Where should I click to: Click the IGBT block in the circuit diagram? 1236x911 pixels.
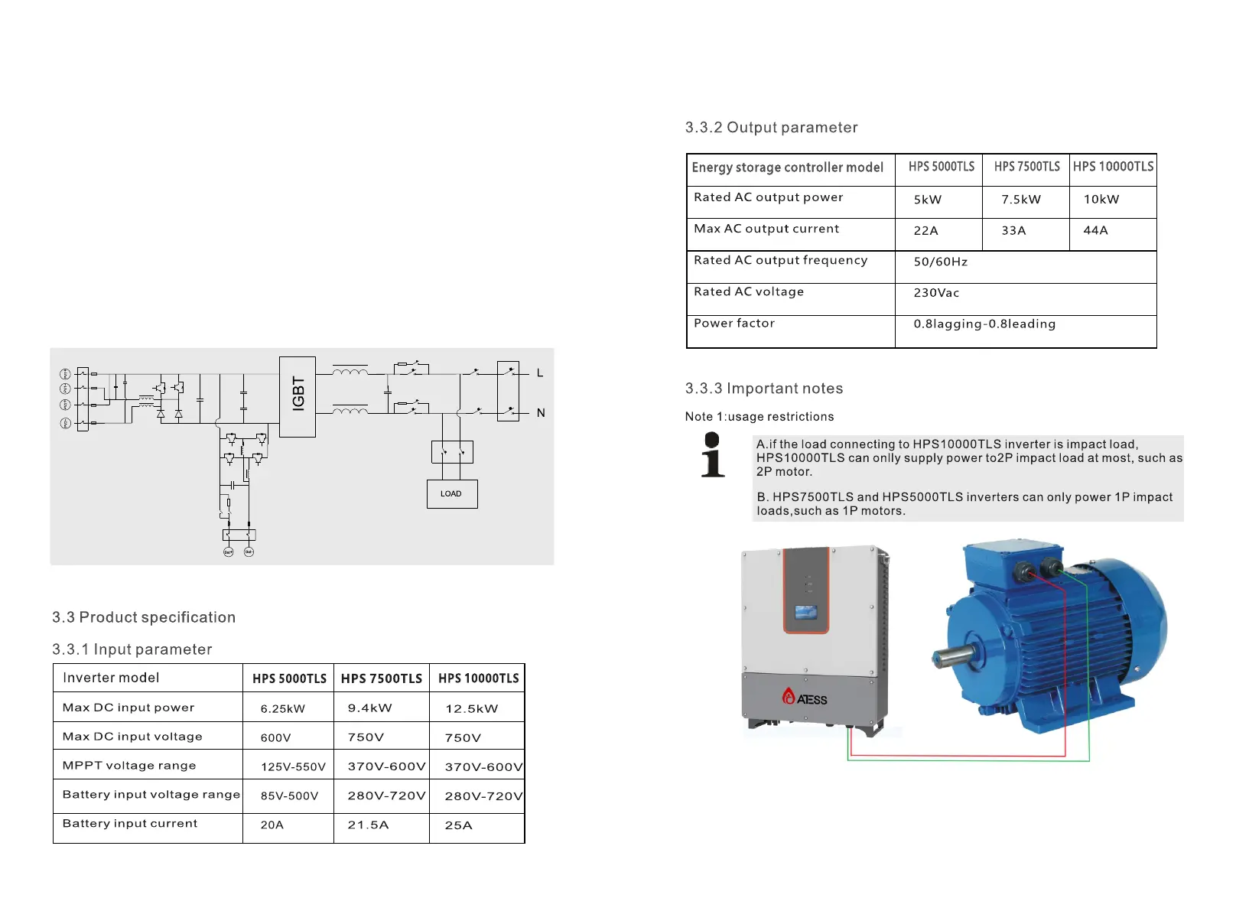[x=298, y=396]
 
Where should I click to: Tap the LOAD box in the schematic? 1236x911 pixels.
[x=451, y=494]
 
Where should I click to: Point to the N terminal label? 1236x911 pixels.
[x=541, y=413]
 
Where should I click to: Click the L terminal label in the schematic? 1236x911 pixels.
[x=540, y=373]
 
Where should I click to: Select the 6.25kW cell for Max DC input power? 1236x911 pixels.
[x=283, y=709]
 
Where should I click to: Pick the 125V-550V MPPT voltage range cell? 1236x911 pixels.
[x=293, y=767]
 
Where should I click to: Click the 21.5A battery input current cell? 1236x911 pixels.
[x=368, y=825]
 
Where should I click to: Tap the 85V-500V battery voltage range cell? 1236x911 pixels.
[x=289, y=796]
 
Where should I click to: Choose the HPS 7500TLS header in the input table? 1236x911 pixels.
[x=381, y=678]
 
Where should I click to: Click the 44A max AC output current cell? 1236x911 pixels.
[x=1095, y=230]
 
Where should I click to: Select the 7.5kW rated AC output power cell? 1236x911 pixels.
[x=1021, y=200]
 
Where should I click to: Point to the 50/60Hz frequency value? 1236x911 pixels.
[x=941, y=262]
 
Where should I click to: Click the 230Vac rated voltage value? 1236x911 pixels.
[x=936, y=293]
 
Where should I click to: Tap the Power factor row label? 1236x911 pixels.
[x=734, y=324]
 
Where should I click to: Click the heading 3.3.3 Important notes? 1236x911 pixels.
[x=763, y=389]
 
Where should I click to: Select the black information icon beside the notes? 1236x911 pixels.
[x=712, y=455]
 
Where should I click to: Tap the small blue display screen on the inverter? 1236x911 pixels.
[x=805, y=613]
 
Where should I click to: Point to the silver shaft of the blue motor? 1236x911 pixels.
[x=953, y=656]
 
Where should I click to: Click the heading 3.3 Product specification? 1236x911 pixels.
[x=144, y=617]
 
